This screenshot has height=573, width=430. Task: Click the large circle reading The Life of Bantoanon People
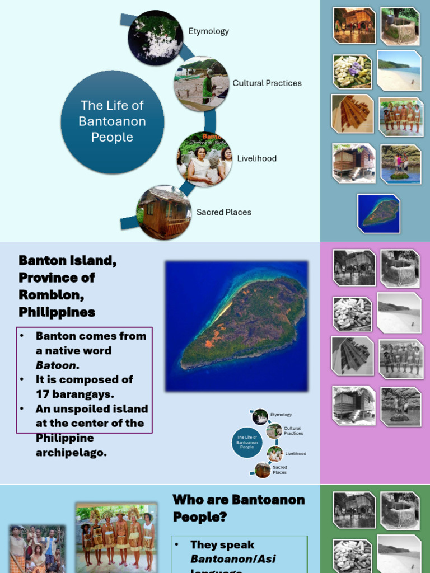(x=112, y=121)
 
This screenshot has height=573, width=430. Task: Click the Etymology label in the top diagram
(x=208, y=31)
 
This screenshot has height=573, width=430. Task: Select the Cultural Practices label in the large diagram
(x=267, y=83)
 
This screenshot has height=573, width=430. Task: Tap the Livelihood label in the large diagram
(x=256, y=158)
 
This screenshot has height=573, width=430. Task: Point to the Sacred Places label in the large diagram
(x=223, y=212)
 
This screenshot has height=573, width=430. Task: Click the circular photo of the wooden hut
(x=164, y=213)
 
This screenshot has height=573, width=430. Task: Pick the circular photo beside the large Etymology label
(x=155, y=37)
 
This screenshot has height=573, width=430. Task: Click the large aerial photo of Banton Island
(x=236, y=326)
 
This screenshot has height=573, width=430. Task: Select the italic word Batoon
(x=56, y=365)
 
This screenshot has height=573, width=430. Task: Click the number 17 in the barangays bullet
(x=43, y=394)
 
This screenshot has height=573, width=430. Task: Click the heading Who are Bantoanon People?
(x=239, y=508)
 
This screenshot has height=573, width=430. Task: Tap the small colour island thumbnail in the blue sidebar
(x=379, y=213)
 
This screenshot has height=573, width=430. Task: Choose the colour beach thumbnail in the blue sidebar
(x=399, y=71)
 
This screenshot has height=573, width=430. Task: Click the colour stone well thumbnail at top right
(x=399, y=26)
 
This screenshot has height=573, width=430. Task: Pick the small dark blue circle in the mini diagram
(x=247, y=443)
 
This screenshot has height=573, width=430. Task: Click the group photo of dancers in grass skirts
(x=116, y=536)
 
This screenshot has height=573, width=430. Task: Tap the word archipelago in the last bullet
(x=71, y=453)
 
